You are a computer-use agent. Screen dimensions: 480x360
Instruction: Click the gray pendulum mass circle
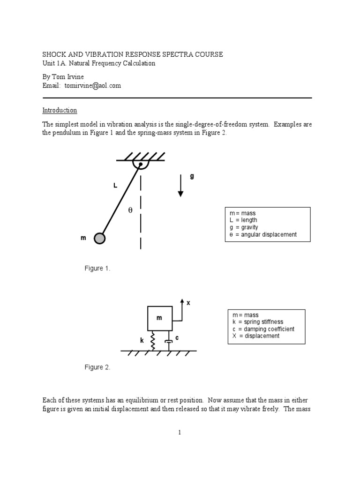click(x=99, y=239)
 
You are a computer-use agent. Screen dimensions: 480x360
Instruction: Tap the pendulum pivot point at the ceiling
click(x=140, y=165)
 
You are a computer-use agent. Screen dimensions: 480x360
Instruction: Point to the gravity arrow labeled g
click(x=180, y=186)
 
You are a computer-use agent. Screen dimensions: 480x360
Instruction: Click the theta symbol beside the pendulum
click(x=130, y=210)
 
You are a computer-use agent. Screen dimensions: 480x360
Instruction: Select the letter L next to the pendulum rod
click(x=115, y=186)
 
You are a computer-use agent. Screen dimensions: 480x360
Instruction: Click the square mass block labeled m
click(x=159, y=318)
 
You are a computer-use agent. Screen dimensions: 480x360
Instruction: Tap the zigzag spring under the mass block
click(x=153, y=341)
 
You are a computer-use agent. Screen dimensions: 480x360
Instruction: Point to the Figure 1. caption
click(x=97, y=268)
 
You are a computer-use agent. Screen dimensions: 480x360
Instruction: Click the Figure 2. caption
click(x=97, y=367)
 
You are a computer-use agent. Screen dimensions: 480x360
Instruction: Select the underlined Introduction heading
click(x=60, y=110)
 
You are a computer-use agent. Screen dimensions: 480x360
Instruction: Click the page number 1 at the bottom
click(x=180, y=432)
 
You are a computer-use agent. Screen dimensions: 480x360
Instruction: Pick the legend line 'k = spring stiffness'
click(x=255, y=322)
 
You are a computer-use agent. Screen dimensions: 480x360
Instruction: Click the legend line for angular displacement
click(x=261, y=234)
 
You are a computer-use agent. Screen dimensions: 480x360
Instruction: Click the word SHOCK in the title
click(x=53, y=54)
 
